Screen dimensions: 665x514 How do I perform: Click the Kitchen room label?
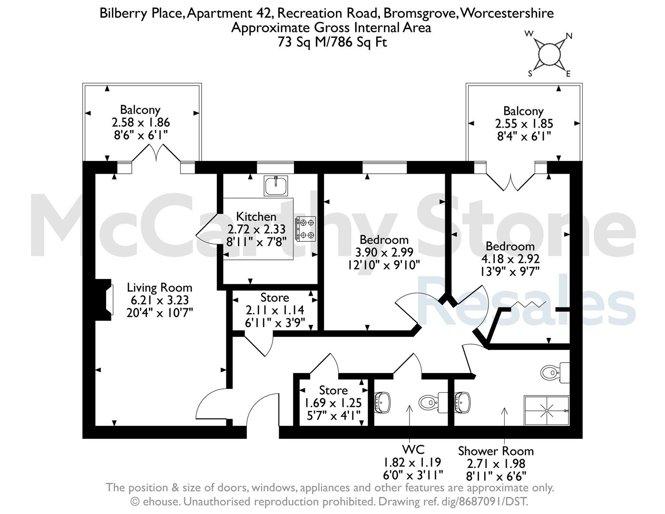click(256, 217)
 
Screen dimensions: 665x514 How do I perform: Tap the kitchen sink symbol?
click(276, 186)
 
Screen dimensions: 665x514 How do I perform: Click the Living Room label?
click(159, 287)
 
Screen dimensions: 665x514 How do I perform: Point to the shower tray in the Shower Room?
click(547, 411)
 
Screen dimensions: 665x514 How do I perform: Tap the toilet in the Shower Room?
click(555, 373)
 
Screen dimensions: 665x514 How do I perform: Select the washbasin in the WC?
click(383, 402)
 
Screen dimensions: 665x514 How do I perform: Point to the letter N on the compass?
click(569, 36)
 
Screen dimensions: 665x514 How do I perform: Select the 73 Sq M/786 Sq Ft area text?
click(332, 42)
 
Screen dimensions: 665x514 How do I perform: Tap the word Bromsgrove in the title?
click(421, 13)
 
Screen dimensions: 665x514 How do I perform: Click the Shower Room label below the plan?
click(496, 451)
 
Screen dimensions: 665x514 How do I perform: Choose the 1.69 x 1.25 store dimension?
click(333, 403)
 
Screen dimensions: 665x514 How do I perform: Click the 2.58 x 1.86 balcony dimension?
click(141, 122)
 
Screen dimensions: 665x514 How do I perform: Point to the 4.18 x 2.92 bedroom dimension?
click(510, 259)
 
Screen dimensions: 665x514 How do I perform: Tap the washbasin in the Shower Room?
click(462, 402)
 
